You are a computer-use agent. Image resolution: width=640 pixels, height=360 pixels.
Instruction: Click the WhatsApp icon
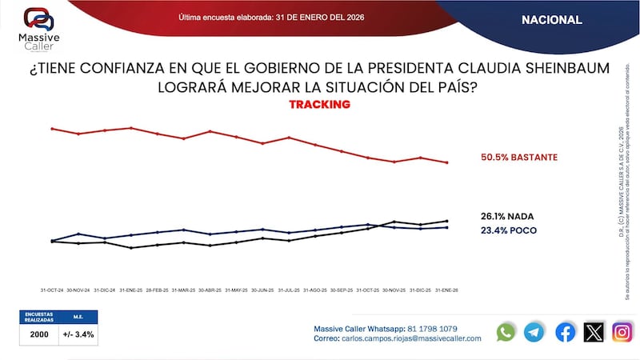506,332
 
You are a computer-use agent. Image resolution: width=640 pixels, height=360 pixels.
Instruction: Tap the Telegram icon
534,332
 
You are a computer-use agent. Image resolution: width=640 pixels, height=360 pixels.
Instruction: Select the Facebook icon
565,332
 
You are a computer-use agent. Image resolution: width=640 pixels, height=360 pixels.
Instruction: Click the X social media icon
594,332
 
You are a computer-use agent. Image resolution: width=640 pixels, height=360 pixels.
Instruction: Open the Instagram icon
622,332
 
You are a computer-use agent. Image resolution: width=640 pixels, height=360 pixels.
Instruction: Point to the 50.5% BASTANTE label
518,158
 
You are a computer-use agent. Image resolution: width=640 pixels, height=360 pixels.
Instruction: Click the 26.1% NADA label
507,216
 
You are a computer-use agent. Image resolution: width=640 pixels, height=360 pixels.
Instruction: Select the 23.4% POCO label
508,230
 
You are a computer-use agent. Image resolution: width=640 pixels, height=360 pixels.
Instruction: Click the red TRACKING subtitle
319,105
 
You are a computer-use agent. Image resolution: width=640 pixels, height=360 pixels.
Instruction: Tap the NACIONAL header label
552,20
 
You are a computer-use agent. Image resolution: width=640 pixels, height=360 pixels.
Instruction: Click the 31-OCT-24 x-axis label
52,290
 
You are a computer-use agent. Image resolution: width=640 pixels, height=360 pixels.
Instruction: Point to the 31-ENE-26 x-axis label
446,290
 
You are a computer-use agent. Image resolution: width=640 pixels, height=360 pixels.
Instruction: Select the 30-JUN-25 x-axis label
263,290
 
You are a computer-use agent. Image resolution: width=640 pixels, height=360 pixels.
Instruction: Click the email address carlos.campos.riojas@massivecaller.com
413,338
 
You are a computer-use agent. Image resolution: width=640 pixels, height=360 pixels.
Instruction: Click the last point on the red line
446,162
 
